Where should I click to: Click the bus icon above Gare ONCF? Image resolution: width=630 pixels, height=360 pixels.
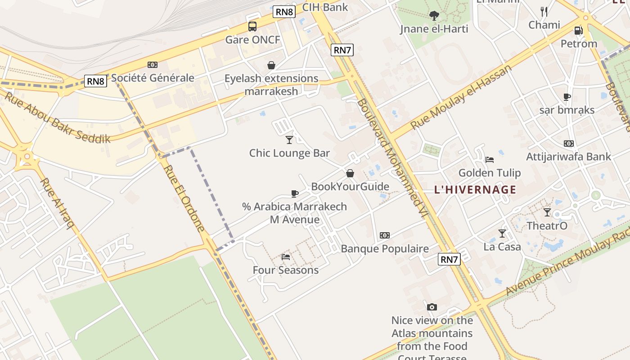click(x=252, y=27)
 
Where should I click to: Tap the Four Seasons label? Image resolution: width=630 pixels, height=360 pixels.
click(x=285, y=270)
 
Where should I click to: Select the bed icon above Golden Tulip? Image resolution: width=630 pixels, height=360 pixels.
click(x=490, y=159)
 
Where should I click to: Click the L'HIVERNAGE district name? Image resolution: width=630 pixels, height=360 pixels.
click(x=475, y=189)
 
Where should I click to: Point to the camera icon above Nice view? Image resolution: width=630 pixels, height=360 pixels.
click(x=432, y=307)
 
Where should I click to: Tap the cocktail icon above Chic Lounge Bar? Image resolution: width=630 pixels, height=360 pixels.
click(x=289, y=139)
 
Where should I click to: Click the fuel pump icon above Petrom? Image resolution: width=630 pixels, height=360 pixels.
click(x=578, y=31)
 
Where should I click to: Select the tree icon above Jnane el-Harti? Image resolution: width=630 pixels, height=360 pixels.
click(x=434, y=16)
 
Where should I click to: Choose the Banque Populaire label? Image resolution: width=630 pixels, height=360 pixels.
click(x=385, y=249)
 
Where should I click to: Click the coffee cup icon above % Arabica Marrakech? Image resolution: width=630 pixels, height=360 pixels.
click(x=295, y=193)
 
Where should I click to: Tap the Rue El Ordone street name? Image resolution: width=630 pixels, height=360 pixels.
click(x=184, y=198)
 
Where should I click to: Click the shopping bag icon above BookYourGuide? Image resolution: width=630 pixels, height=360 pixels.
click(x=350, y=173)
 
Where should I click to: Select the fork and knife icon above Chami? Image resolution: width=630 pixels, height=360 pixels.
click(x=544, y=11)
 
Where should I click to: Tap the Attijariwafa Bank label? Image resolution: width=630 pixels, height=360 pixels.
click(x=568, y=157)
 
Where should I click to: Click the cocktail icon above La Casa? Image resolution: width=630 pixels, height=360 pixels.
click(x=502, y=233)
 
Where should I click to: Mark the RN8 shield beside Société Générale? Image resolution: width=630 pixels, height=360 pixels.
click(x=95, y=81)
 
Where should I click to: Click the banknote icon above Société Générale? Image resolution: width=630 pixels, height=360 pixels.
click(x=153, y=65)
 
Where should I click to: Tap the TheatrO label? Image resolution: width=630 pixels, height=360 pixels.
click(x=547, y=226)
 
